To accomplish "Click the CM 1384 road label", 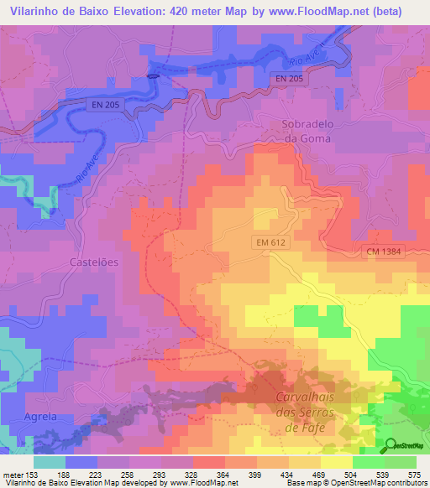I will pos(384,252).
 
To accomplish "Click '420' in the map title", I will pos(207,11).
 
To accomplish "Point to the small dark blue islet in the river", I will pos(152,75).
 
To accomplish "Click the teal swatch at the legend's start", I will pos(49,461).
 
